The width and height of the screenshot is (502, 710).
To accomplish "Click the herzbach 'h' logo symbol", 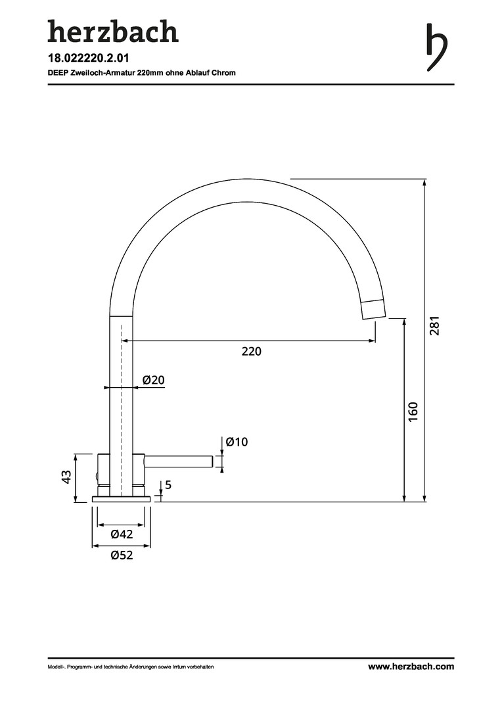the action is pyautogui.click(x=437, y=47).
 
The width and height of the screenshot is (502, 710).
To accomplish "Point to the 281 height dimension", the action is pyautogui.click(x=434, y=325).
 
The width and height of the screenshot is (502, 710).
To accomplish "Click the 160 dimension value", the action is pyautogui.click(x=413, y=412).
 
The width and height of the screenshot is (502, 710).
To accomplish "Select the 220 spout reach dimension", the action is pyautogui.click(x=251, y=351).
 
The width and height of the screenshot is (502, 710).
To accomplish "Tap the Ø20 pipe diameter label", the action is pyautogui.click(x=154, y=379).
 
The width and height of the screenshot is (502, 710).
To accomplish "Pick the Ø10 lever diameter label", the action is pyautogui.click(x=237, y=442).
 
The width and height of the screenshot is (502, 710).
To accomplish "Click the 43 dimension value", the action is pyautogui.click(x=66, y=477).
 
